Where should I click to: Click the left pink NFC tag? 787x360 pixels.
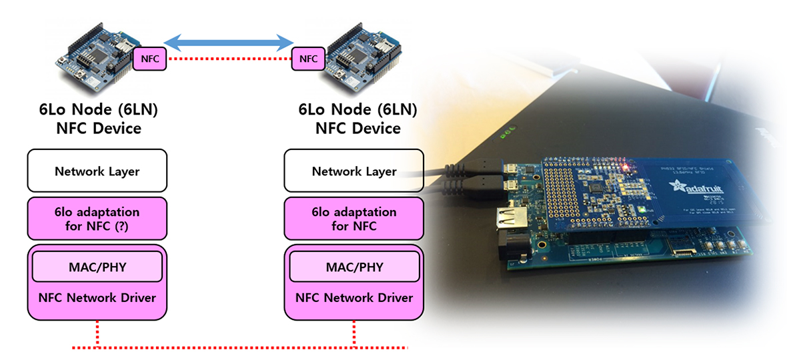tap(150, 59)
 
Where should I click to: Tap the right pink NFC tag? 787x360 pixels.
tap(308, 59)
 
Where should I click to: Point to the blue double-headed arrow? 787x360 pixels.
tap(229, 43)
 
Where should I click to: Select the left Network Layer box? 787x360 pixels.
tap(97, 171)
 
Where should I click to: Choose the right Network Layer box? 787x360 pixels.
tap(353, 171)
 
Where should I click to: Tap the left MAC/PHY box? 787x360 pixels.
tap(97, 267)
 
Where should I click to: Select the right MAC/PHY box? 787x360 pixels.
tap(354, 267)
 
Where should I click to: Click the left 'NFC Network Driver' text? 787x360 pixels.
tap(97, 297)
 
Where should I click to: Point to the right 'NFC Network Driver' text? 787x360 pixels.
tap(354, 297)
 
